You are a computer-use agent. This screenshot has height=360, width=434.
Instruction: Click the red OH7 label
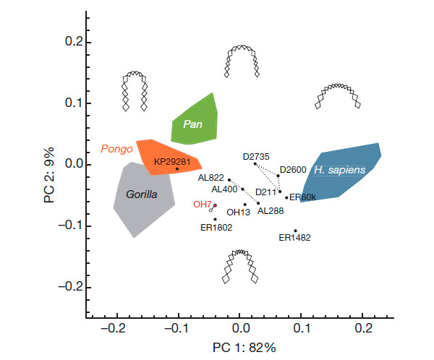pyautogui.click(x=201, y=205)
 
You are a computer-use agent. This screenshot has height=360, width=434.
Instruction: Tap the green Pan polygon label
pyautogui.click(x=192, y=124)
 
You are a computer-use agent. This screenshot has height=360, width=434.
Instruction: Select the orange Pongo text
pyautogui.click(x=116, y=150)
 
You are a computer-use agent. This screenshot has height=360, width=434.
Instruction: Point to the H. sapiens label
pyautogui.click(x=340, y=169)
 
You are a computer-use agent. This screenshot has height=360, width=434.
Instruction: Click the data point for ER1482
pyautogui.click(x=296, y=231)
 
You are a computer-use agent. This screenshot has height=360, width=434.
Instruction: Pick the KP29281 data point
pyautogui.click(x=177, y=169)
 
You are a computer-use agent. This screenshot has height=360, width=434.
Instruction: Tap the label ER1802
pyautogui.click(x=216, y=227)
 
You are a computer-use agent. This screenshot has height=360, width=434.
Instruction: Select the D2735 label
pyautogui.click(x=258, y=155)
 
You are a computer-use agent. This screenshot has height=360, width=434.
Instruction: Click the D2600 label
pyautogui.click(x=293, y=169)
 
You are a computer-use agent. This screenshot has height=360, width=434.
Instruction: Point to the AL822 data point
pyautogui.click(x=229, y=180)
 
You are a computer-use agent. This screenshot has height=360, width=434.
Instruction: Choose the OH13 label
pyautogui.click(x=239, y=213)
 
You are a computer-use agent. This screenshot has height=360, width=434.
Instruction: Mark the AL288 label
pyautogui.click(x=271, y=211)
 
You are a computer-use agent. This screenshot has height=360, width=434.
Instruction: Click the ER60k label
pyautogui.click(x=303, y=197)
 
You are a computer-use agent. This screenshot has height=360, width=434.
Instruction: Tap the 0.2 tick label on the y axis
pyautogui.click(x=69, y=42)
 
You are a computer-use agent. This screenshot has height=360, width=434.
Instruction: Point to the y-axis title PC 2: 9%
pyautogui.click(x=49, y=176)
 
